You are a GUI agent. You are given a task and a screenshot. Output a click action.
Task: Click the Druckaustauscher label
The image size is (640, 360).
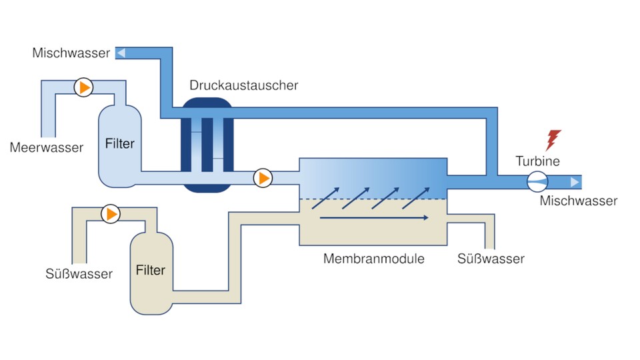(x=243, y=85)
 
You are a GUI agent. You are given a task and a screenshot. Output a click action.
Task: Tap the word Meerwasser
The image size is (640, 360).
(x=47, y=147)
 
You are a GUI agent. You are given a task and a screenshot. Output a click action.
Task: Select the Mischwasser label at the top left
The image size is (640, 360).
(x=71, y=53)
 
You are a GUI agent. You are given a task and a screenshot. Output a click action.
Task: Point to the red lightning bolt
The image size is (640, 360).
(x=553, y=140)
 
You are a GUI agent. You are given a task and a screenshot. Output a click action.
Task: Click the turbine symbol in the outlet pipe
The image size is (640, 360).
(x=537, y=181)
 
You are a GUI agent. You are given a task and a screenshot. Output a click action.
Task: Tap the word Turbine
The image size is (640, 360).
(x=537, y=161)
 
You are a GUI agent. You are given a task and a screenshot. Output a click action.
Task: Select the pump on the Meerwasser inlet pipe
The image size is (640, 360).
(x=83, y=88)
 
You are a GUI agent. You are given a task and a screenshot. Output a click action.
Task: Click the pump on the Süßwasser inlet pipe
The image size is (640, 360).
(x=111, y=214)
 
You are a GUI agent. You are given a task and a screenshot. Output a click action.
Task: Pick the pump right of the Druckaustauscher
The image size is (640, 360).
(x=264, y=178)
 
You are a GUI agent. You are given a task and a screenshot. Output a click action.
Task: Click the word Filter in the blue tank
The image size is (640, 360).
(x=120, y=143)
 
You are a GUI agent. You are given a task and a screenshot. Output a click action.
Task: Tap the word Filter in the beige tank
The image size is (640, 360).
(x=150, y=270)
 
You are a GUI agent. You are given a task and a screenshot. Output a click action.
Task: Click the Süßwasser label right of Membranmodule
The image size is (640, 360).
(x=491, y=259)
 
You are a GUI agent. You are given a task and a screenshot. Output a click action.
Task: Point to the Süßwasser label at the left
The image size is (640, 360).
(x=79, y=274)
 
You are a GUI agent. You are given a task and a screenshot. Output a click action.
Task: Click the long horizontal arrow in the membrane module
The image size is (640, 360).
(x=373, y=217)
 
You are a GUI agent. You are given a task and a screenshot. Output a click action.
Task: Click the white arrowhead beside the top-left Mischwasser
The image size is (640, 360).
(x=121, y=53)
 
